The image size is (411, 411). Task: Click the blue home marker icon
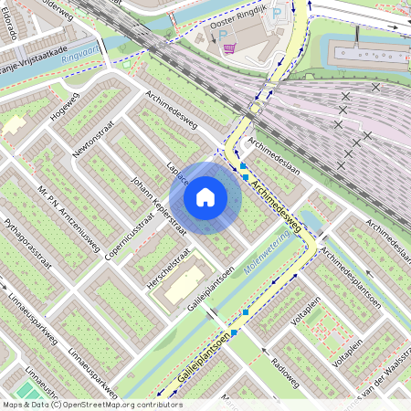coord(205,196)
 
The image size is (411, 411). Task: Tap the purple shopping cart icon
coord(229,48)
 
